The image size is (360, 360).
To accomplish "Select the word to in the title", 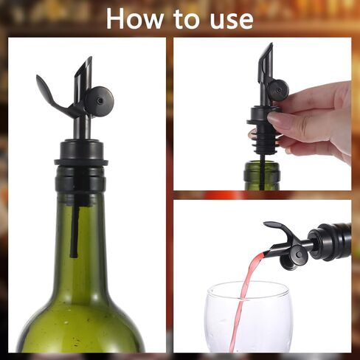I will (x=181, y=19).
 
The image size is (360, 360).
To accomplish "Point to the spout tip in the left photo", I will (x=87, y=64).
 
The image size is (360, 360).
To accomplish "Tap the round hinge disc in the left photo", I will (x=99, y=97).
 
